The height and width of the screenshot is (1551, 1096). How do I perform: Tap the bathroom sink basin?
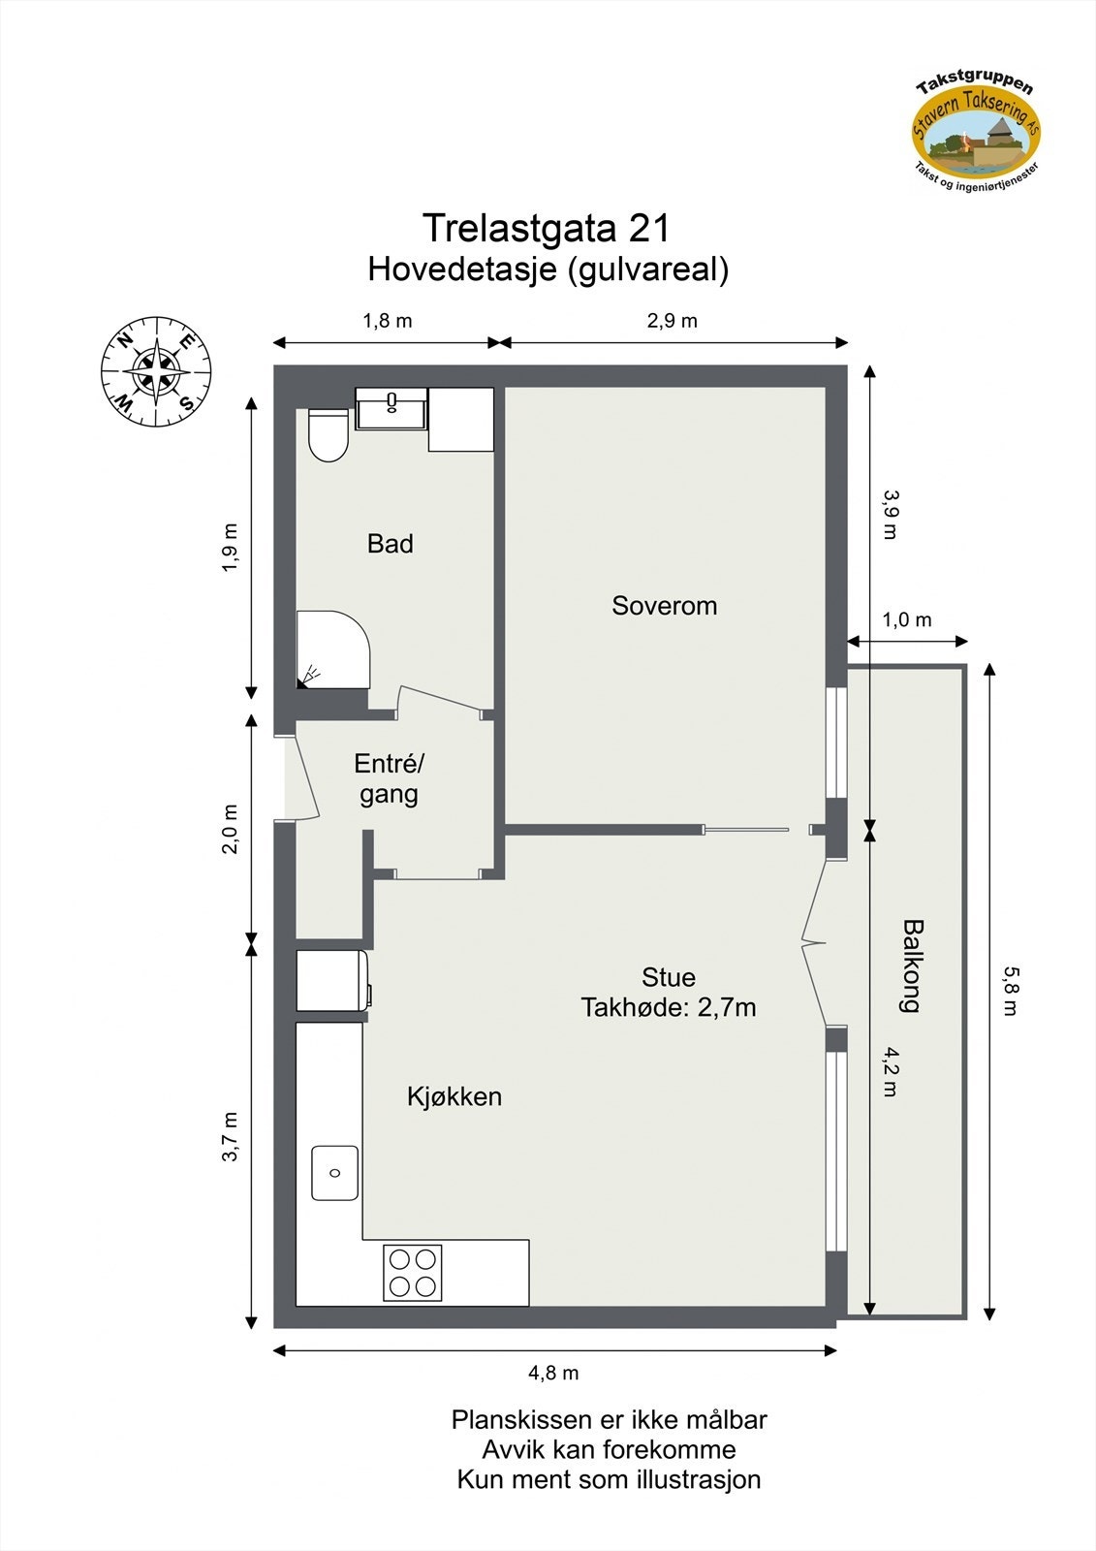[391, 408]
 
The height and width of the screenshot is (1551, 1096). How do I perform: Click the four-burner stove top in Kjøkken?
[413, 1272]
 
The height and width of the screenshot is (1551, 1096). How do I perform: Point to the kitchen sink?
[334, 1173]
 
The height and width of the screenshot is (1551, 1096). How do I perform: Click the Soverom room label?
[664, 606]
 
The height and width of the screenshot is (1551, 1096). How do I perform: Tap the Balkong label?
[910, 965]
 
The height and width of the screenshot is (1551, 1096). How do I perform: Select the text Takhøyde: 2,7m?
[669, 1008]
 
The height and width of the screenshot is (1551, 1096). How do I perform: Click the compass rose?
[156, 370]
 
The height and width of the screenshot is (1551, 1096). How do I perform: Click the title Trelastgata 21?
[547, 229]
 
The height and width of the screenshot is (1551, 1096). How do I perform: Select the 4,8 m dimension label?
[553, 1373]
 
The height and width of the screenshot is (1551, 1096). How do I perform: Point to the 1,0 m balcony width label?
[907, 619]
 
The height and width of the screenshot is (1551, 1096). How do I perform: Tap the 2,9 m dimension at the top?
[672, 321]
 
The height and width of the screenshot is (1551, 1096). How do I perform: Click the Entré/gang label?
[389, 778]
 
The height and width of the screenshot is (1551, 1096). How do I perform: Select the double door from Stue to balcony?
[814, 940]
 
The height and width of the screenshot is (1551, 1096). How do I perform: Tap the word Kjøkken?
[454, 1096]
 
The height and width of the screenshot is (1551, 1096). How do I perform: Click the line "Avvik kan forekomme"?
[609, 1450]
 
